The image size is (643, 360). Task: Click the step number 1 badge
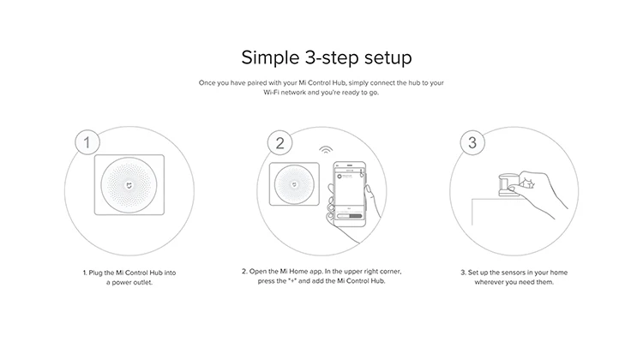(87, 142)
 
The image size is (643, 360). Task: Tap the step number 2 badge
(279, 142)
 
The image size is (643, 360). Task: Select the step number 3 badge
(472, 142)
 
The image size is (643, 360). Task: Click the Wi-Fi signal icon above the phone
(326, 150)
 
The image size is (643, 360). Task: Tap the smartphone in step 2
(350, 194)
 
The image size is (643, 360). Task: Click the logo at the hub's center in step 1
(129, 185)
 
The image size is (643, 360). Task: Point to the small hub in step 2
(294, 184)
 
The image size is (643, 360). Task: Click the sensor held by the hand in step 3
(508, 184)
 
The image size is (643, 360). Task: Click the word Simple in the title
(270, 57)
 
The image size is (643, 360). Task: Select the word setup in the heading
(388, 57)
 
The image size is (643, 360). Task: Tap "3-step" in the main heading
(332, 57)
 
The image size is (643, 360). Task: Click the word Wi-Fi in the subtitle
(271, 93)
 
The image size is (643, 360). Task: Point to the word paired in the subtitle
(257, 83)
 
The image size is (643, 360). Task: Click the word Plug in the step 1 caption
(95, 273)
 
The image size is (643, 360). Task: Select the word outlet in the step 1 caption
(143, 283)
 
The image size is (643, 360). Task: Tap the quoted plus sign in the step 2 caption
(292, 281)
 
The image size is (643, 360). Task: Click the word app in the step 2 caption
(316, 272)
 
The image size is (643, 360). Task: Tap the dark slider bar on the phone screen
(355, 216)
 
